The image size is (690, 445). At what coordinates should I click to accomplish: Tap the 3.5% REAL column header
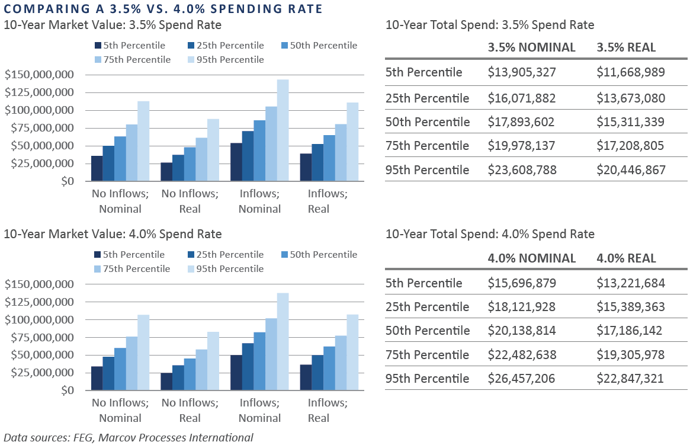(626, 47)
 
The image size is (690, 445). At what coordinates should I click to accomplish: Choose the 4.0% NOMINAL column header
(531, 258)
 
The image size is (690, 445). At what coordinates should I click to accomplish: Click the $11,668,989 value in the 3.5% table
(631, 72)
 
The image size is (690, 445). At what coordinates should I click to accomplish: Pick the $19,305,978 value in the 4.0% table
(631, 355)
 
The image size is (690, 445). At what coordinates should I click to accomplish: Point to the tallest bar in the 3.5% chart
(283, 130)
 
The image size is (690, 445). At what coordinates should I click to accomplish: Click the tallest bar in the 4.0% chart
(283, 342)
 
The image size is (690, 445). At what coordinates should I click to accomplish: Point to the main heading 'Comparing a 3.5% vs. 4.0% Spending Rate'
(163, 9)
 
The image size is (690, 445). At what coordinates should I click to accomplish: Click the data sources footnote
(129, 438)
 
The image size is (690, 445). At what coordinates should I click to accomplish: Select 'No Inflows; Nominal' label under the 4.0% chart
(120, 410)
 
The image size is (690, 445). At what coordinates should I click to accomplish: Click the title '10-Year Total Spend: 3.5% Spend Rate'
(489, 25)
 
